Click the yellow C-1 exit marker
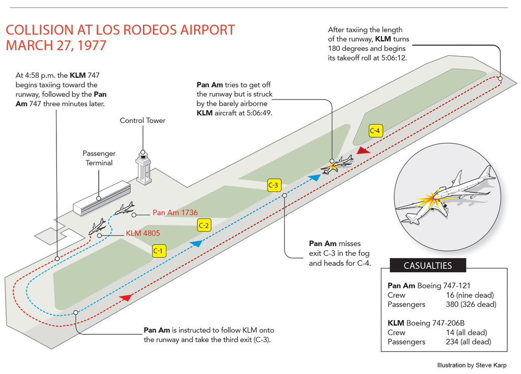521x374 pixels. point(158,251)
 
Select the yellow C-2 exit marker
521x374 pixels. point(204,225)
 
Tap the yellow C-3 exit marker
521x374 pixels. point(273,185)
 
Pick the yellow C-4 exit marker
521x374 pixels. point(375,131)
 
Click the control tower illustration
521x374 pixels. point(143,167)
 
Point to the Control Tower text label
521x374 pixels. point(142,120)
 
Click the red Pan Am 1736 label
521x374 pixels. point(175,213)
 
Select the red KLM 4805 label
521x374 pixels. point(143,234)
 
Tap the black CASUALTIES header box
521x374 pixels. point(427,265)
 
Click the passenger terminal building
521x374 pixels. point(102,198)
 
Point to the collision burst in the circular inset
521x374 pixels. point(429,199)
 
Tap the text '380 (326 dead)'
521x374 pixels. point(470,304)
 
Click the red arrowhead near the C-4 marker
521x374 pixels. point(363,150)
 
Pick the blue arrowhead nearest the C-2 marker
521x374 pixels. point(196,243)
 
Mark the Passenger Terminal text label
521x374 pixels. point(99,158)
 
